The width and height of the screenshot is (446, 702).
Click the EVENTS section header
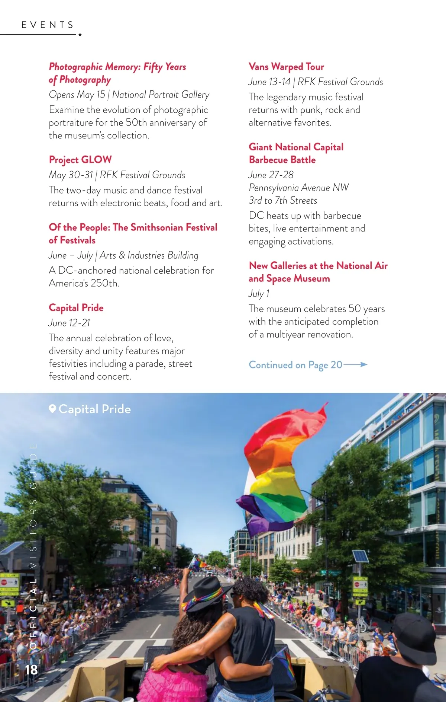point(48,25)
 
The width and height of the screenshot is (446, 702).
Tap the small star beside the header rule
point(80,35)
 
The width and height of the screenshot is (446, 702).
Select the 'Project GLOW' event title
point(80,160)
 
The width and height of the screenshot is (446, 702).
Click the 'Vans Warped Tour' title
point(286,67)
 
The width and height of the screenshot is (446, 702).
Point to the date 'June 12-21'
point(70,323)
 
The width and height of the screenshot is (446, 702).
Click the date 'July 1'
point(259,293)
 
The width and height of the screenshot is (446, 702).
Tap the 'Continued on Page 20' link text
point(295,365)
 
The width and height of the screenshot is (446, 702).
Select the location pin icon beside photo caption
point(52,409)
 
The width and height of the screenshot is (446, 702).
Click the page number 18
point(32,670)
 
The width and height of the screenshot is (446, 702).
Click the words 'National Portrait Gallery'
point(161,95)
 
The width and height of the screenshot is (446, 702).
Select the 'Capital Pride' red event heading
point(76,307)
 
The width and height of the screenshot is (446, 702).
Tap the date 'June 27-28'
point(271,175)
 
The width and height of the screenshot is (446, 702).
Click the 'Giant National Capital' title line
point(296,147)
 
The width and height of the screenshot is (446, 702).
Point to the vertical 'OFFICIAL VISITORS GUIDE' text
point(33,540)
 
